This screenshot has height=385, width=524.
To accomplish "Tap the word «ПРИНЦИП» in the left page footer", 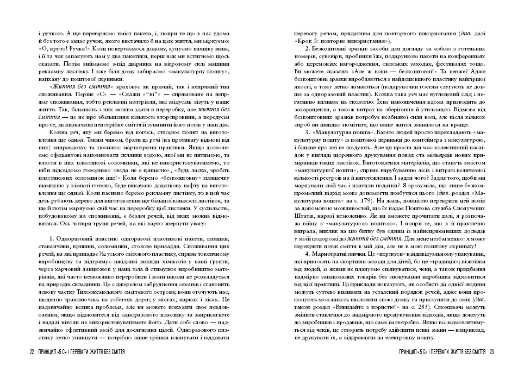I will tap(51, 352).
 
